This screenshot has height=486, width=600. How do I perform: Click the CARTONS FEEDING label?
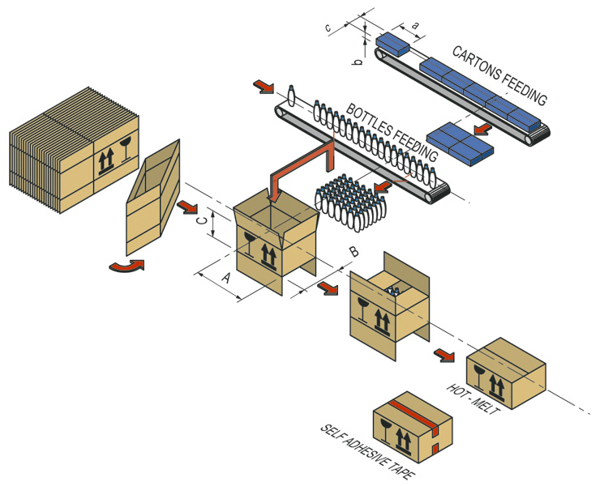(499, 75)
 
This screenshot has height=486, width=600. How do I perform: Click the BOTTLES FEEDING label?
(392, 130)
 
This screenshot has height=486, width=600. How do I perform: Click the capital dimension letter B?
(353, 252)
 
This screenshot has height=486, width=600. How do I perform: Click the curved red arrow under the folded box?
(126, 266)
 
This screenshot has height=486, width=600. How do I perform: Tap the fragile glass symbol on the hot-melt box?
(482, 376)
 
